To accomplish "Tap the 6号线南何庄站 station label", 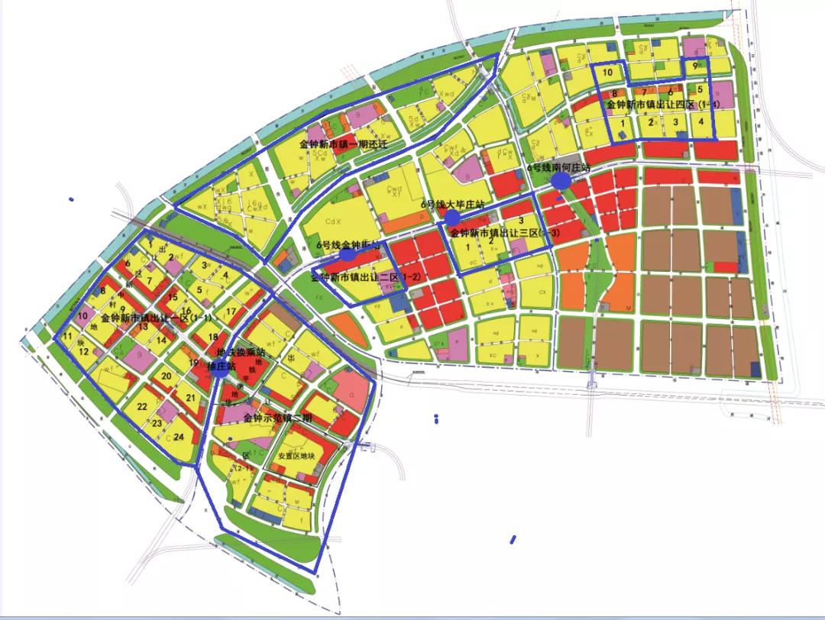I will pos(559,167).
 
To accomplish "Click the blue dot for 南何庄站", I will pos(561,180).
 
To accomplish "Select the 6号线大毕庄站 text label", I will pos(453,205).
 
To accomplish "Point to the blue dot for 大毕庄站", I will pos(452,218).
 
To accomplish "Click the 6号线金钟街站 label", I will pos(348,244).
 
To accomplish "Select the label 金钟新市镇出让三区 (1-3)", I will pos(504,232).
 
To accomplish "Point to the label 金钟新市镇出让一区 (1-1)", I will pos(157,318).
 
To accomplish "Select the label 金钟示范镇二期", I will pos(277,418).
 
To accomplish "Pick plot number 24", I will pos(179,438).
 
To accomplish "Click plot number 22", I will pos(142,407).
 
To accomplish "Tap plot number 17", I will pos(231,312).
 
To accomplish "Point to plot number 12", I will pos(84,351).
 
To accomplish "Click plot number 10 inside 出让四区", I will pos(608,73).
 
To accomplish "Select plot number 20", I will pos(166,376).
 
